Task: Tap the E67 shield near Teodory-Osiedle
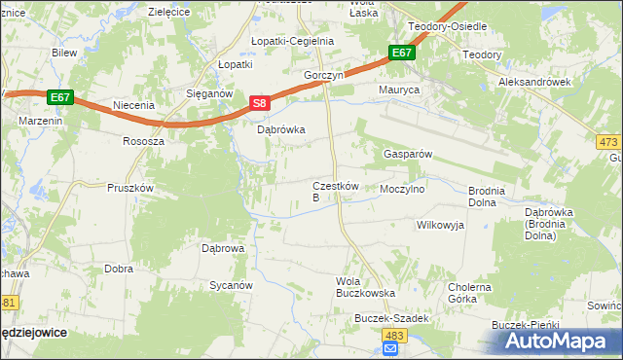click(x=400, y=53)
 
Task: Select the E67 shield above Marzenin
click(x=60, y=96)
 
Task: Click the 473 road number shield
click(x=608, y=142)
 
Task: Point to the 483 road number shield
click(x=389, y=335)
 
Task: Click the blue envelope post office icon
click(x=389, y=349)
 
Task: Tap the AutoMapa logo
click(x=560, y=342)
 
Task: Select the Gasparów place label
click(x=407, y=155)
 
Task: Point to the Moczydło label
click(x=402, y=190)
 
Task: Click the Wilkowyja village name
click(x=440, y=225)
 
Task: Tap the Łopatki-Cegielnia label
click(x=292, y=42)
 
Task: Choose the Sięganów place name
click(x=207, y=94)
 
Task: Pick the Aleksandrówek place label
click(x=534, y=83)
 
